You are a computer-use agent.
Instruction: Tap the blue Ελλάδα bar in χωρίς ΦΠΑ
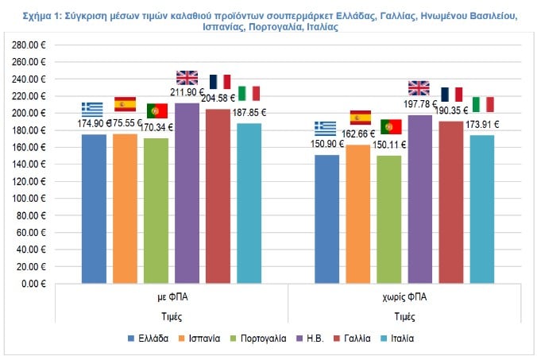(x=326, y=219)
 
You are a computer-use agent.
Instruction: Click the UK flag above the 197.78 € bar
(x=419, y=87)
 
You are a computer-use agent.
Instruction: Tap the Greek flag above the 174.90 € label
(x=92, y=109)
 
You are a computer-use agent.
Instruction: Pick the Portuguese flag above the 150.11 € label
(x=390, y=126)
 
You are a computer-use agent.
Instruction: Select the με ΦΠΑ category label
(x=172, y=299)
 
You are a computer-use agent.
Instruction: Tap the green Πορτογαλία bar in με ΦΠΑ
(x=156, y=210)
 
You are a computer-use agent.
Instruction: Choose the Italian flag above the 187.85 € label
(x=249, y=93)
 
